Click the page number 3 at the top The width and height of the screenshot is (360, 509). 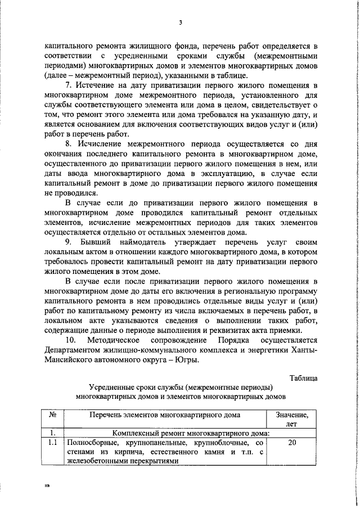click(180, 22)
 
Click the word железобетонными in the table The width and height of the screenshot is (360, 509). click(98, 461)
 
